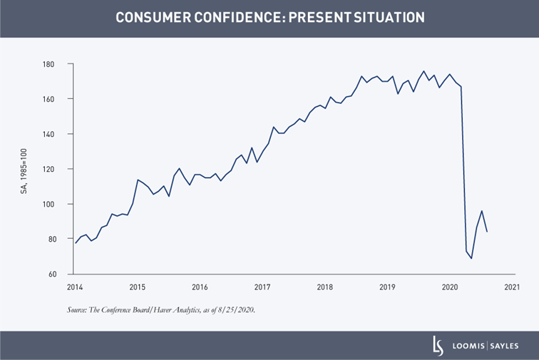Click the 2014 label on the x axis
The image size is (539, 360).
pos(75,287)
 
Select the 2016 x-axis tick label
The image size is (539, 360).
pos(200,287)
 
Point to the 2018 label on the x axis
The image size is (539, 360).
pos(324,287)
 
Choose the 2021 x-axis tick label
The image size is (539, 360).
pos(511,287)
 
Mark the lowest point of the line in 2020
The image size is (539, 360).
pos(471,258)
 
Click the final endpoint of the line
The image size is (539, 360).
pos(487,232)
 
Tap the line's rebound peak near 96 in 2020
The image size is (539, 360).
pos(482,211)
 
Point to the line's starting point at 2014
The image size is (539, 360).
pos(76,243)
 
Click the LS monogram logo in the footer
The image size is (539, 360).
pos(438,345)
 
